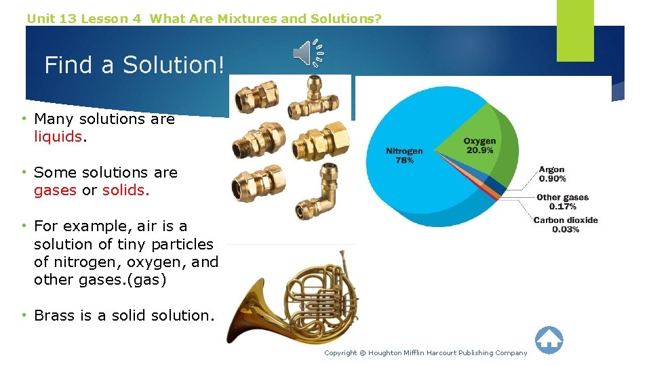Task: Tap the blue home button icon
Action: click(x=549, y=340)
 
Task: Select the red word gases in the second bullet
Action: click(x=55, y=190)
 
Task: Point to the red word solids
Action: click(x=125, y=190)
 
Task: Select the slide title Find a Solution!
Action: click(x=134, y=65)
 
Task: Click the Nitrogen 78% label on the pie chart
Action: click(x=404, y=155)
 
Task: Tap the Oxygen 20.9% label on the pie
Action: click(x=479, y=145)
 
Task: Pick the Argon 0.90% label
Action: click(x=552, y=174)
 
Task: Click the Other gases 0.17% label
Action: click(x=562, y=202)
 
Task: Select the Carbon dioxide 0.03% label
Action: click(x=566, y=224)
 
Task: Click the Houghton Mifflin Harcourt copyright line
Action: click(x=425, y=352)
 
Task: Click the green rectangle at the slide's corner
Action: click(x=574, y=30)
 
